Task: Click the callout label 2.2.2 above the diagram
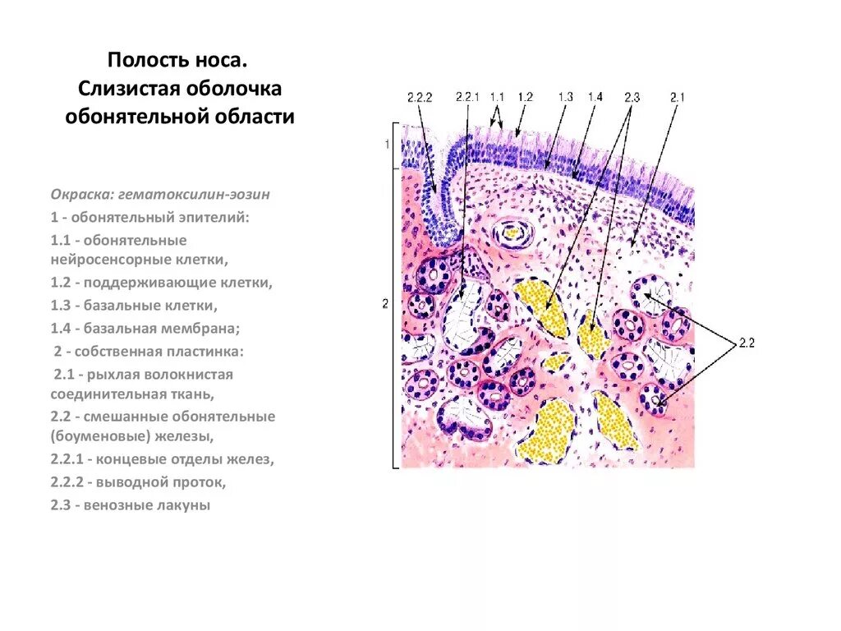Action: pos(419,98)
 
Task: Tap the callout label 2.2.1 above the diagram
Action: pos(466,98)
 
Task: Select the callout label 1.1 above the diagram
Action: pos(497,98)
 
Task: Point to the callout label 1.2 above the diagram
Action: pos(525,98)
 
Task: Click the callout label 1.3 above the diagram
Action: pos(565,98)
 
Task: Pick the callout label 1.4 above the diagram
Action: pos(595,98)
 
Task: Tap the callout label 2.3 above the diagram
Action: pos(631,98)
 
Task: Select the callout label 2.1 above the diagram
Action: pos(677,98)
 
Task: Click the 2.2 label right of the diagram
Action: pos(746,343)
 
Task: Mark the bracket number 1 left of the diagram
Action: pos(386,145)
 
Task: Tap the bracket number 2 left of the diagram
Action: pos(385,304)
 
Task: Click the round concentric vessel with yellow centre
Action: pos(512,233)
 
